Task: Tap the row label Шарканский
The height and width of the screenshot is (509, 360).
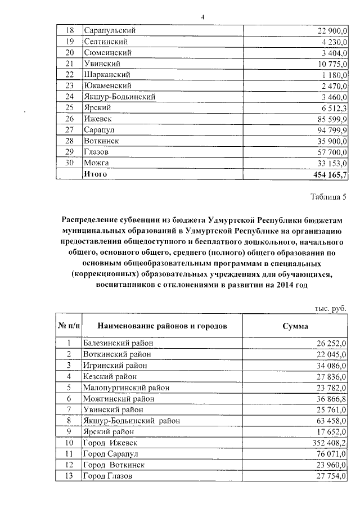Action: click(106, 74)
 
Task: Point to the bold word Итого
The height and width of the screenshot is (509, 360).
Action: click(95, 174)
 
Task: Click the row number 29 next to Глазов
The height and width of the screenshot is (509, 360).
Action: click(69, 152)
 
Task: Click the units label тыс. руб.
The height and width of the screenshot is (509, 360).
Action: click(330, 309)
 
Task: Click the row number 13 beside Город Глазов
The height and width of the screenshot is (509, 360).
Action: click(69, 476)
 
